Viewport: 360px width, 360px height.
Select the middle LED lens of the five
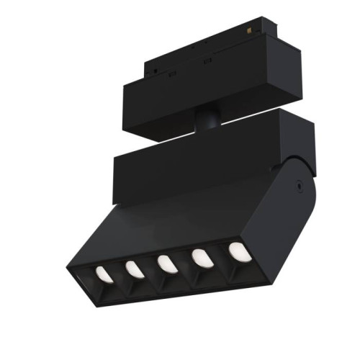coord(166,263)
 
